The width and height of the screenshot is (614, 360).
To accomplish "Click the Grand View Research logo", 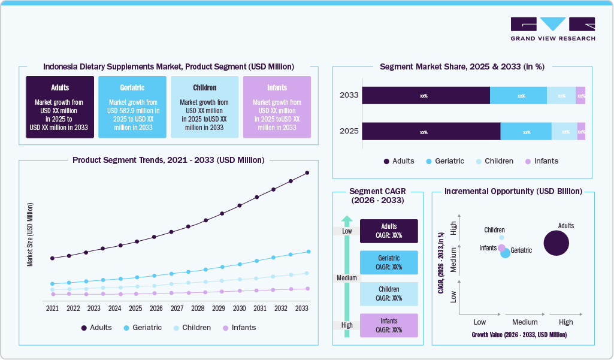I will (552, 29).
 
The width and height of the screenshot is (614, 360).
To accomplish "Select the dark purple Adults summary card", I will (60, 107).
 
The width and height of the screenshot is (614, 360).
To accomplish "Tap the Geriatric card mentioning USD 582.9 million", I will (132, 107).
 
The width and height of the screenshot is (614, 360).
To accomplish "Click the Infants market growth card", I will (277, 107).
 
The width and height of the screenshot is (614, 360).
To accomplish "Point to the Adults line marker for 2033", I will (307, 173).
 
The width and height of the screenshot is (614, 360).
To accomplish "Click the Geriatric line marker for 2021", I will (52, 284).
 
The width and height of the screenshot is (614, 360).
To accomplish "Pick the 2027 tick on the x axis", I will (177, 308).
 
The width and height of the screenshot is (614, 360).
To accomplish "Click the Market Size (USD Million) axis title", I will (30, 234).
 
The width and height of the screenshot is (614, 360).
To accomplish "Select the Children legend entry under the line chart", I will (191, 328).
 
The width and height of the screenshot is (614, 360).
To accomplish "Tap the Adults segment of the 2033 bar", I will (426, 96).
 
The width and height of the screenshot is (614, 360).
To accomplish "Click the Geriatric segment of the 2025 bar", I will (526, 132).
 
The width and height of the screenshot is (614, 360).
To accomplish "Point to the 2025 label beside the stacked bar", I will (349, 131).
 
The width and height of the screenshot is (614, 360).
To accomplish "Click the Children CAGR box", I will (389, 294).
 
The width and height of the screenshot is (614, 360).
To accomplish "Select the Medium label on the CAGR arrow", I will (346, 278).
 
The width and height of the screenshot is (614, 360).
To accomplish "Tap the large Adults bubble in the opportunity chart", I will (556, 243).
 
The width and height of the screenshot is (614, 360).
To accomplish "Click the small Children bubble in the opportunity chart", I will (501, 238).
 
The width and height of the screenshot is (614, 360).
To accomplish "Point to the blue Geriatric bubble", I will (506, 253).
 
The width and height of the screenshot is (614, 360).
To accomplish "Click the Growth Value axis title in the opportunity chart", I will (519, 335).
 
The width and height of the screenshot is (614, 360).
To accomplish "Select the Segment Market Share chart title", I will (462, 66).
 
